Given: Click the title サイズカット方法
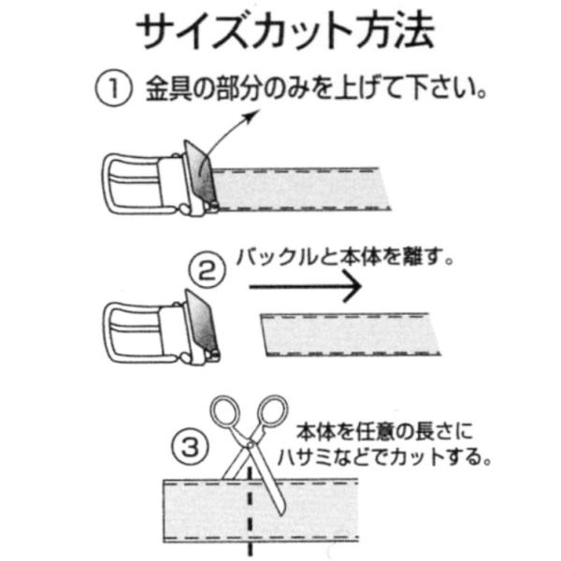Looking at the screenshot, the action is tap(285, 32).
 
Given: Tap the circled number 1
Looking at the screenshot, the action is tap(113, 88).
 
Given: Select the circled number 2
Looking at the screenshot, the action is tap(207, 270).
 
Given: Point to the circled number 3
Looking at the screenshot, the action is tap(190, 446).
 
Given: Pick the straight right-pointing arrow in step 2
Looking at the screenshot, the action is tap(305, 287).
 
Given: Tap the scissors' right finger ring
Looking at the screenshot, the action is tap(273, 411).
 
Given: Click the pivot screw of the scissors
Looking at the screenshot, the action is tap(250, 444).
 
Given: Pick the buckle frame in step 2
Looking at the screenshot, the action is tap(133, 332).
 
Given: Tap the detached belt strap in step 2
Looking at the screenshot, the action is tap(351, 335).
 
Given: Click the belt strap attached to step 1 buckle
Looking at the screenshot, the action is tap(300, 189).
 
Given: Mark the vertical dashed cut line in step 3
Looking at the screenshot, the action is tap(250, 515).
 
